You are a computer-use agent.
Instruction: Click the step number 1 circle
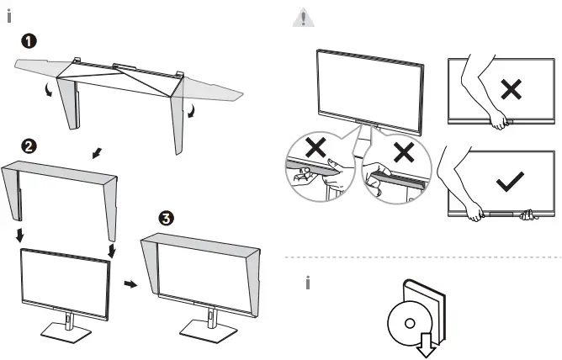point(30,40)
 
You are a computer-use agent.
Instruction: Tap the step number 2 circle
point(29,146)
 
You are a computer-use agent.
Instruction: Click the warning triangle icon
point(301,17)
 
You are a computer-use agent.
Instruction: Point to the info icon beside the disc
point(308,284)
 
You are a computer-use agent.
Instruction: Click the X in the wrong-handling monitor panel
point(510,89)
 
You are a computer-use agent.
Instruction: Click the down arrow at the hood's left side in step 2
point(19,231)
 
